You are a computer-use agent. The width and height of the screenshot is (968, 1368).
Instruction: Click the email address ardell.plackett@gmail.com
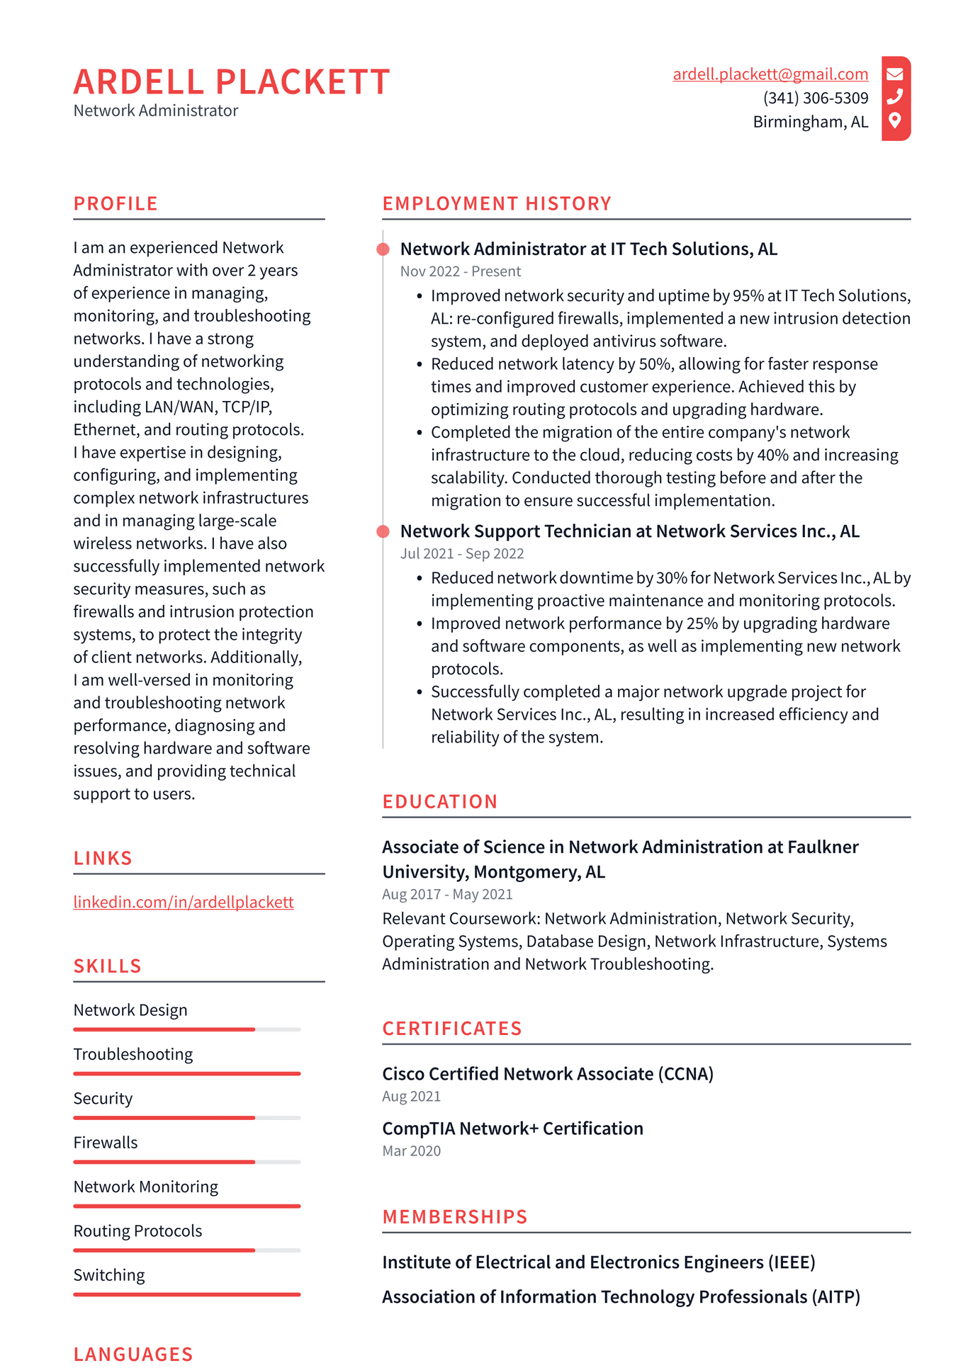tap(770, 74)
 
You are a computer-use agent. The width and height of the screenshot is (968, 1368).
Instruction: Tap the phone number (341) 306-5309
tap(815, 98)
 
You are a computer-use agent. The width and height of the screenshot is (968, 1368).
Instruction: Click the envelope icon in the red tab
tap(895, 74)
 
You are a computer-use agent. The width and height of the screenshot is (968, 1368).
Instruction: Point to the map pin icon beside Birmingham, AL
tap(895, 120)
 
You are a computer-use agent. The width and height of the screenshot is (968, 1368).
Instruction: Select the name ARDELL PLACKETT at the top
tap(232, 81)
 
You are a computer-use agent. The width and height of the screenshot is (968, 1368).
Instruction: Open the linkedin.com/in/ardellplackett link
tap(183, 902)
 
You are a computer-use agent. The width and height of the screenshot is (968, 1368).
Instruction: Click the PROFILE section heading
tap(116, 204)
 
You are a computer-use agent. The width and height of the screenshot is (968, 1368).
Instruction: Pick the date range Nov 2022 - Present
tap(460, 271)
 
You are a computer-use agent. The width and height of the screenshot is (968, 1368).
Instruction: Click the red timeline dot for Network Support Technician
tap(383, 531)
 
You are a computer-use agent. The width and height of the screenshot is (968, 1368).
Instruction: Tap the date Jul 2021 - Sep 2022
tap(461, 553)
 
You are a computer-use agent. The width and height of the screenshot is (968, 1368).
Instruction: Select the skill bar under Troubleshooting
tap(186, 1073)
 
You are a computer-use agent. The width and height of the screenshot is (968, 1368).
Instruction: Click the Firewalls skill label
tap(106, 1142)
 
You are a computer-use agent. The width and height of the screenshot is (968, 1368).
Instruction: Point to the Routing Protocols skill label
tap(137, 1231)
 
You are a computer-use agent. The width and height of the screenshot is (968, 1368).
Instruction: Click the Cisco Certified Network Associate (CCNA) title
tap(547, 1073)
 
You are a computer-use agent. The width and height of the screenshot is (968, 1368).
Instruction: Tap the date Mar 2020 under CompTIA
tap(411, 1151)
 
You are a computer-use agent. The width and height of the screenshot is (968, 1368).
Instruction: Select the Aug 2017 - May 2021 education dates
tap(447, 894)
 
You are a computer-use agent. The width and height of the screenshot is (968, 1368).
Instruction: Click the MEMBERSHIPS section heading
tap(455, 1217)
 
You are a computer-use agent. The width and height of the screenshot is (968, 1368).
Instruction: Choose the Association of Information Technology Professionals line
tap(620, 1296)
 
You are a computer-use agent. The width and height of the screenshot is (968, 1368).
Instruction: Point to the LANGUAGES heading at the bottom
tap(133, 1354)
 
